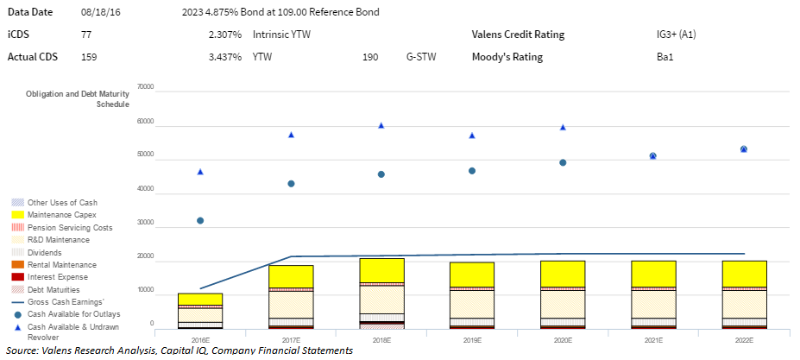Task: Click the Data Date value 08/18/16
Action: (98, 12)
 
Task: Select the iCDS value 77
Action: (85, 35)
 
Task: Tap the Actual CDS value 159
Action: (88, 57)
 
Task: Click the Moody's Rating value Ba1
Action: (665, 57)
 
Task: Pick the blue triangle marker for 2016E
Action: (200, 172)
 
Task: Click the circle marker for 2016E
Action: (200, 220)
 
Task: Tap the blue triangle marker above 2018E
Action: (381, 125)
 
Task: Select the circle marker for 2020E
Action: (563, 162)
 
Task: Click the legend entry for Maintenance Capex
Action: (61, 214)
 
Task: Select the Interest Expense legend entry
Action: (58, 276)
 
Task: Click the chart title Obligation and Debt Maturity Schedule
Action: (78, 98)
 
